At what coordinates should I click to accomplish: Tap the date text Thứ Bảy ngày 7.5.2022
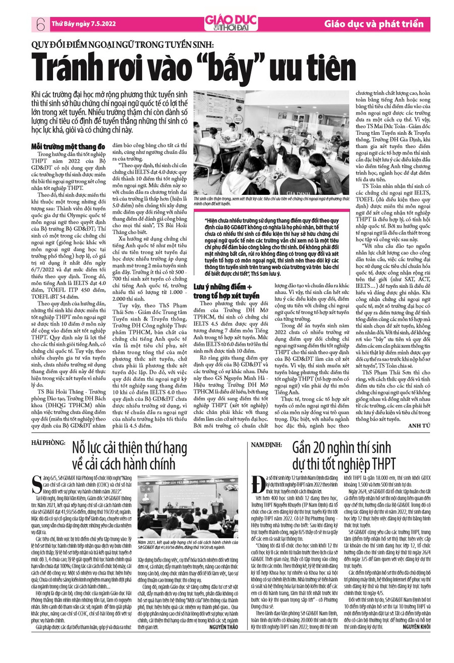tap(82, 23)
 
